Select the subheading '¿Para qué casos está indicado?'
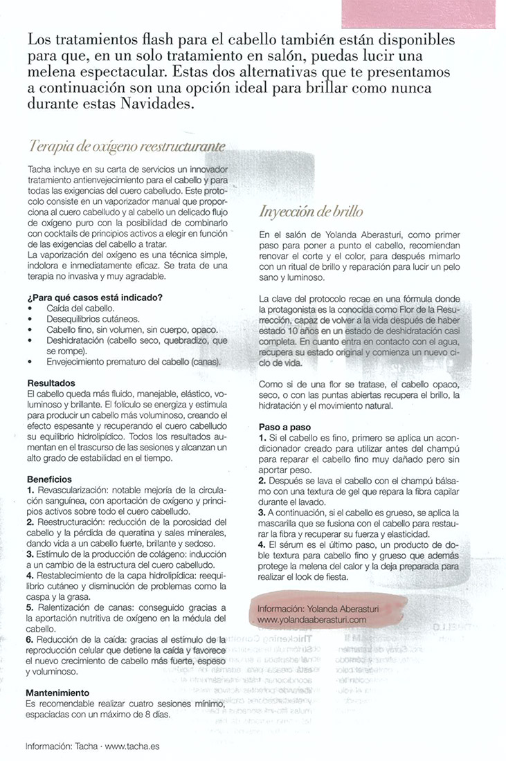coord(95,297)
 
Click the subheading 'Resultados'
coord(51,383)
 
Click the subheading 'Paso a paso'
coord(284,427)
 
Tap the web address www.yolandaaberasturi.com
coord(311,620)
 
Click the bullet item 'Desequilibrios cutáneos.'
coord(93,319)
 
